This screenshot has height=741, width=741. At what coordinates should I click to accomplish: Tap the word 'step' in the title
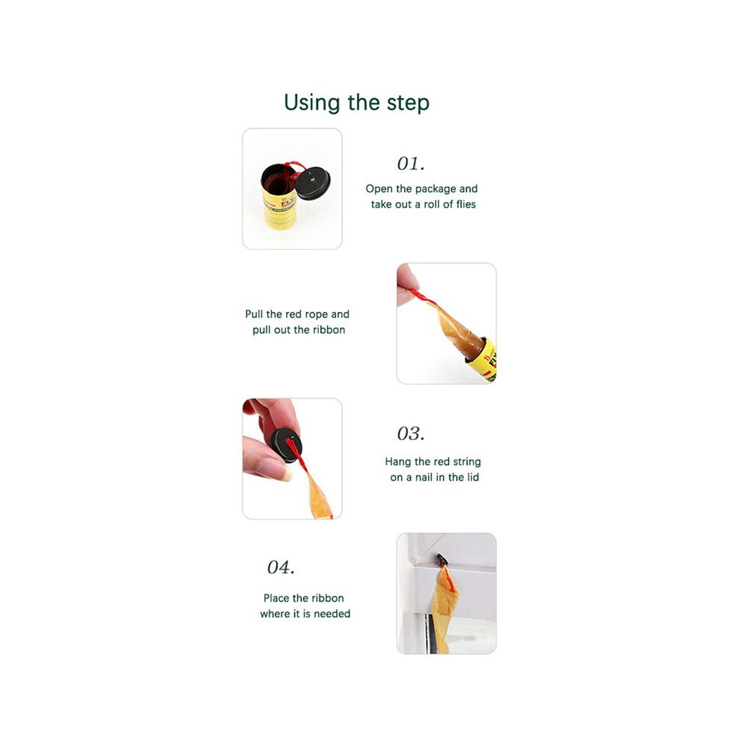pyautogui.click(x=409, y=103)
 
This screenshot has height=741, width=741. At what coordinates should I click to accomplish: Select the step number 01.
pyautogui.click(x=411, y=163)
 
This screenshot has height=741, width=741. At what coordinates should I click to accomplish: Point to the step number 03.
pyautogui.click(x=411, y=433)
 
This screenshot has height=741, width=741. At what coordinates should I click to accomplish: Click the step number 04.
pyautogui.click(x=281, y=567)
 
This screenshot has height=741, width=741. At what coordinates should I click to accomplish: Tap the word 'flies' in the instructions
pyautogui.click(x=465, y=204)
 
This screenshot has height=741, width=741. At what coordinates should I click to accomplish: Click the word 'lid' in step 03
pyautogui.click(x=473, y=478)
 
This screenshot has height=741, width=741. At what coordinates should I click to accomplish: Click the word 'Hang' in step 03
pyautogui.click(x=398, y=462)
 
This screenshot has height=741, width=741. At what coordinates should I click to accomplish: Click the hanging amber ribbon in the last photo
pyautogui.click(x=443, y=609)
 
